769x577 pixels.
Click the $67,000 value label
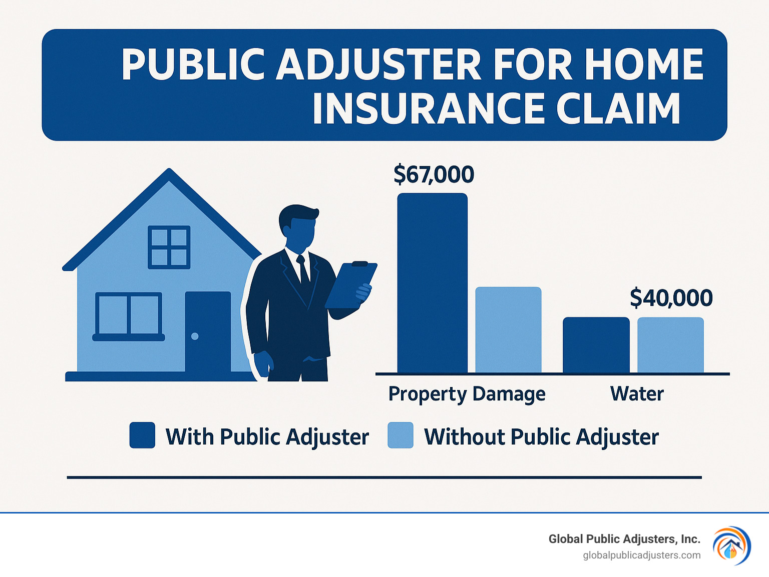coord(434,174)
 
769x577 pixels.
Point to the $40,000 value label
coord(671,298)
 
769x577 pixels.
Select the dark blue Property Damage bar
coord(432,282)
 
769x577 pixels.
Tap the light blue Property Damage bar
coord(508,329)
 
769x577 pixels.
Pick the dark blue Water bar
coord(596,345)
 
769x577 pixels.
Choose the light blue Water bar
coord(670,345)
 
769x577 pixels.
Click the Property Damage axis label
coord(467,394)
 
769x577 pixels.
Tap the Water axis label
coord(637,394)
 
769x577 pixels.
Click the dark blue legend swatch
coord(142,435)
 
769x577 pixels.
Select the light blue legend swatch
coord(401,435)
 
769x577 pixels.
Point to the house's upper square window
coord(169,247)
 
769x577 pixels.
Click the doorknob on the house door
coord(195,336)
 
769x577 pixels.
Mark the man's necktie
coord(303,270)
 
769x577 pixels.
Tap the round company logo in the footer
coord(731,545)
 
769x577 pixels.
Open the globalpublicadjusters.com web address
coord(642,555)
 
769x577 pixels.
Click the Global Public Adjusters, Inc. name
coord(624,539)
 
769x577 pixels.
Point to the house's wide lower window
coord(129,315)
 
